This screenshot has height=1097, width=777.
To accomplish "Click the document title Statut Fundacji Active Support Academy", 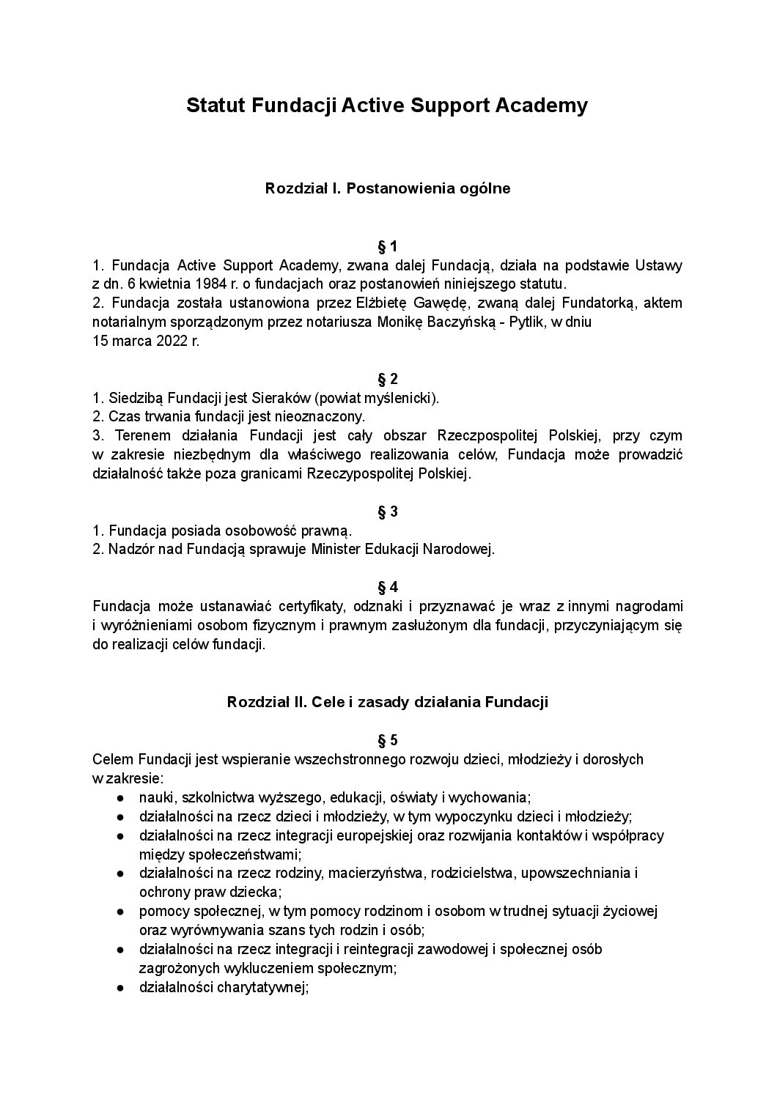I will (387, 106).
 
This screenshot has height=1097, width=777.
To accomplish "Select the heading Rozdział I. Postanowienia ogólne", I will (387, 188).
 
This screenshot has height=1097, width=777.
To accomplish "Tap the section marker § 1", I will (387, 245).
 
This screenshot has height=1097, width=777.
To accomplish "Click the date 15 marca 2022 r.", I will (145, 341).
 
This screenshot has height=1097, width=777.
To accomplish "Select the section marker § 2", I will (387, 379).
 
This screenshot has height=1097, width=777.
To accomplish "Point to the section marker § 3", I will (387, 511).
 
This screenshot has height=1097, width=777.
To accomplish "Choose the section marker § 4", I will (387, 587).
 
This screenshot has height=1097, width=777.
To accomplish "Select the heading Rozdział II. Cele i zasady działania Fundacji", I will (387, 702).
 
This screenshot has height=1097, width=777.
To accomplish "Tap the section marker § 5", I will (387, 739).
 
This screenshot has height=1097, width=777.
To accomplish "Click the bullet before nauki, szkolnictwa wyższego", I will (119, 797).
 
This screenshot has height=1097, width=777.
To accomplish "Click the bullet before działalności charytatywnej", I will (119, 987).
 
